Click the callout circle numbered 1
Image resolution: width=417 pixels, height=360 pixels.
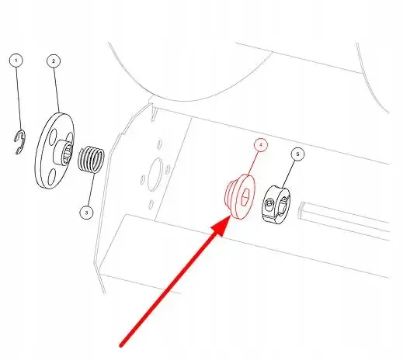coord(16,61)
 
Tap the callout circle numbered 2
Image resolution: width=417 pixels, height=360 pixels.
coord(54,61)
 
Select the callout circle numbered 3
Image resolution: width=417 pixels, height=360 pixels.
coord(86,213)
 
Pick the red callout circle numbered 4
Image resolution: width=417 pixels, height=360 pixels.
coord(261,145)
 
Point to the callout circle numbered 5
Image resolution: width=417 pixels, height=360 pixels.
coord(297,154)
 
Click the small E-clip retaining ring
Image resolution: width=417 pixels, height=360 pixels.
coord(19,142)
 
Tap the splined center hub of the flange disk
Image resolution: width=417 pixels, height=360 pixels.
coord(64,152)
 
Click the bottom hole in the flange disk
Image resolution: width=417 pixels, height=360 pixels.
coord(51,177)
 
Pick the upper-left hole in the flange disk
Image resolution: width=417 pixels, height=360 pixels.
coord(53,136)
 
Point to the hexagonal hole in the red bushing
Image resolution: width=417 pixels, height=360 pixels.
coord(245,197)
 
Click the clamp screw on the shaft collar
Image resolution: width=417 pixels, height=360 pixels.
coord(269,204)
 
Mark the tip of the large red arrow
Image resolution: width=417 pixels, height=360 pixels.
coord(231,217)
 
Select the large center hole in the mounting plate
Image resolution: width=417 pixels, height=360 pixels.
coord(155,175)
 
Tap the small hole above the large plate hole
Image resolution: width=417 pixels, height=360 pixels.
coord(160,144)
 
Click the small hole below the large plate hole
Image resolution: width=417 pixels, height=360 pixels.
coord(151,204)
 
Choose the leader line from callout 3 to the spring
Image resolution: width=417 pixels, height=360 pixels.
coord(91,189)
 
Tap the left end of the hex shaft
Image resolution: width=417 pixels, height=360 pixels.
coord(301,210)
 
